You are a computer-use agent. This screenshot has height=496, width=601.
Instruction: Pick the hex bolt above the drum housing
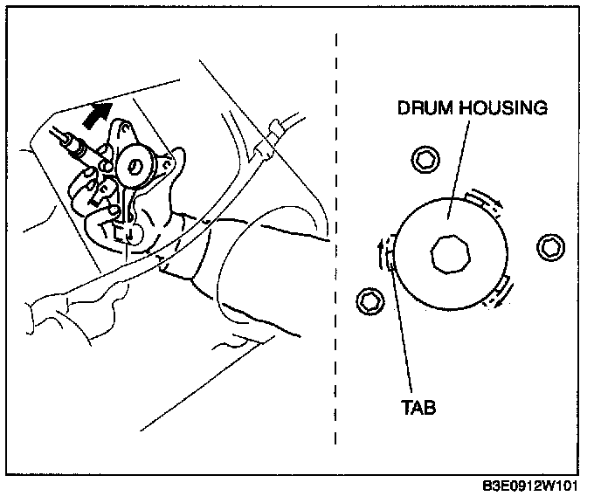pyautogui.click(x=425, y=159)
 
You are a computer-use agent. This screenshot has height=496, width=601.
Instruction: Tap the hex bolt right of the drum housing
pyautogui.click(x=552, y=246)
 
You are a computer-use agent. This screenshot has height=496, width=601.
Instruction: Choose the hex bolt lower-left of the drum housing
pyautogui.click(x=370, y=301)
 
